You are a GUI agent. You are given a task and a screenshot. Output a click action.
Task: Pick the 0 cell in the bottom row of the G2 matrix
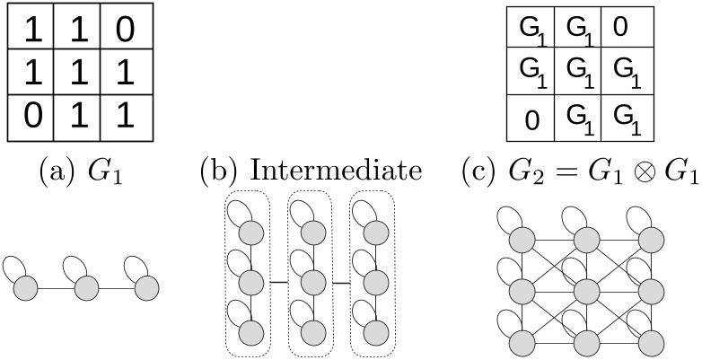(531, 119)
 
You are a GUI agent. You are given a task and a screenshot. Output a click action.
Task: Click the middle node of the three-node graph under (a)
(86, 288)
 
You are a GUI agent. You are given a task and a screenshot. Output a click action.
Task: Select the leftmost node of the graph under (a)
(26, 288)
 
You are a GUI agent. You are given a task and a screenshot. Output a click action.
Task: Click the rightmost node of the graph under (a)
(146, 288)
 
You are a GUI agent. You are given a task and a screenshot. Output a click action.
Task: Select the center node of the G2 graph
(586, 291)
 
